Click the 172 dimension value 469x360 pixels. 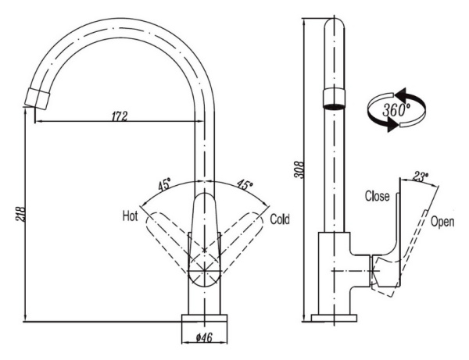tap(119, 116)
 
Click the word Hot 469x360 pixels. tap(131, 215)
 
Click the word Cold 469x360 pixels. tap(280, 219)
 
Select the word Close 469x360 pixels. tap(378, 196)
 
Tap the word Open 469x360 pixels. tap(442, 221)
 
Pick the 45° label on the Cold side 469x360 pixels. tap(245, 186)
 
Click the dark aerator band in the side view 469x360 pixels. tap(334, 97)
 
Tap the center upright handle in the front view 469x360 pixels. tap(204, 234)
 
